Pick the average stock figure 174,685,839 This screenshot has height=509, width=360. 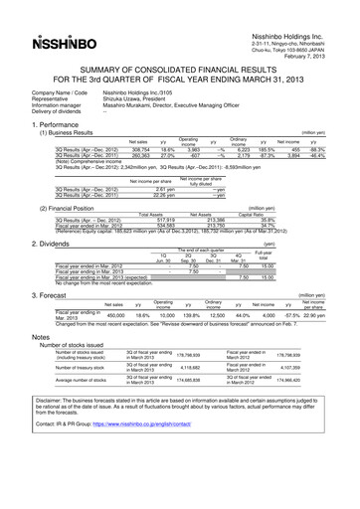176,382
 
